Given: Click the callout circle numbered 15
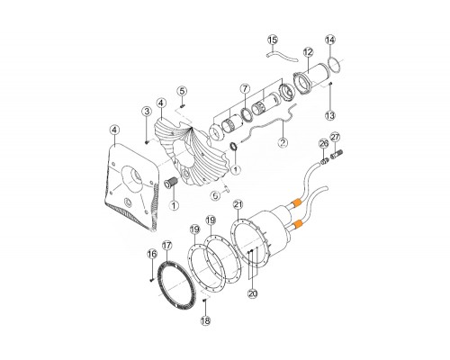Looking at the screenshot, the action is (x=273, y=40).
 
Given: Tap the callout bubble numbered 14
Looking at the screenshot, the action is (x=330, y=40).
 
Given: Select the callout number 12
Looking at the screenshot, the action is (x=308, y=52).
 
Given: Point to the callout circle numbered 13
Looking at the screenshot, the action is (x=330, y=115).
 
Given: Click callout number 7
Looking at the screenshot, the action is (x=245, y=89).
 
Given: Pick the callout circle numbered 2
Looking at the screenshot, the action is (x=283, y=142).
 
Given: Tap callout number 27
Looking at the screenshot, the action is (x=335, y=138).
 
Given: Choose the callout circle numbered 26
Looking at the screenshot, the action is (x=324, y=144).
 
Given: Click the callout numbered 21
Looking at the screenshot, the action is (x=238, y=205).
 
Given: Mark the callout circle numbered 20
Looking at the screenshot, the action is (x=253, y=293).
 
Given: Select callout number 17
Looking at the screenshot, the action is (x=166, y=246).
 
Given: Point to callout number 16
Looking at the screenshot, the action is (x=152, y=254).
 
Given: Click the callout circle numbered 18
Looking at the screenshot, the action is (x=205, y=321).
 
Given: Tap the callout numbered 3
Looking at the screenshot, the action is (x=147, y=112).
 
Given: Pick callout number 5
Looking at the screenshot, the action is (x=182, y=91).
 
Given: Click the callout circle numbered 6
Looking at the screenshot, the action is (x=215, y=196).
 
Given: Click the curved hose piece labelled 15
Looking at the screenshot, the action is (x=282, y=57).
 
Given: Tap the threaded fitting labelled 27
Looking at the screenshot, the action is (x=337, y=156).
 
